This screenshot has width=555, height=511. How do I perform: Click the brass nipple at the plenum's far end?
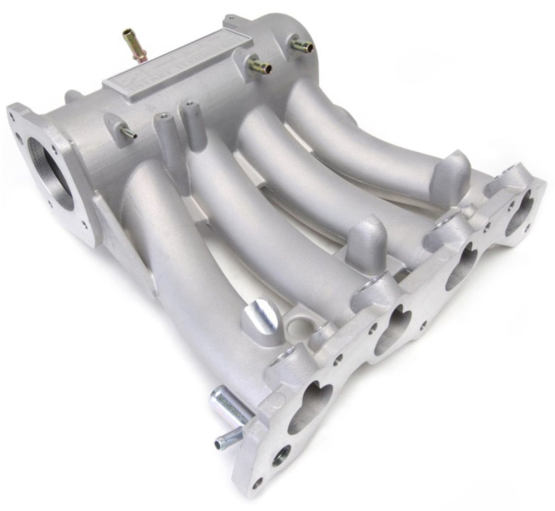click(x=302, y=45)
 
